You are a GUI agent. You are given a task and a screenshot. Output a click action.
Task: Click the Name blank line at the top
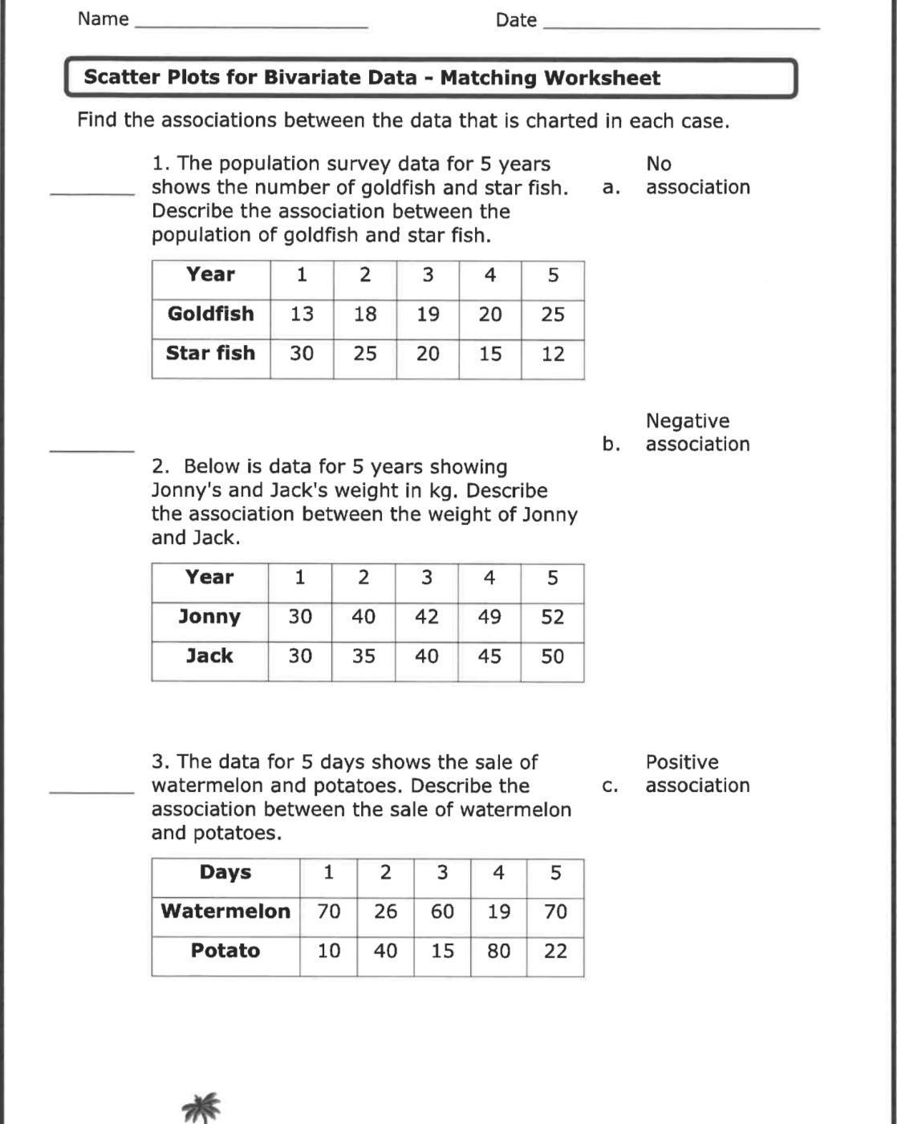pyautogui.click(x=251, y=26)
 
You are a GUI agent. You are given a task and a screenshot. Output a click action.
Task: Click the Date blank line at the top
pyautogui.click(x=681, y=26)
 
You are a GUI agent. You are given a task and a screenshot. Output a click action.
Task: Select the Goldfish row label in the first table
pyautogui.click(x=210, y=314)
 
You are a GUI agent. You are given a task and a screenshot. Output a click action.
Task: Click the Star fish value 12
pyautogui.click(x=553, y=354)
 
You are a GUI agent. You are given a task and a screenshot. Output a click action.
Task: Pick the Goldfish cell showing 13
pyautogui.click(x=302, y=314)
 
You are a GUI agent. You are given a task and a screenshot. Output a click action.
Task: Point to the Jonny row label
pyautogui.click(x=209, y=617)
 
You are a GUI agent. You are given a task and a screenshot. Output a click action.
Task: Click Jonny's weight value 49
pyautogui.click(x=489, y=617)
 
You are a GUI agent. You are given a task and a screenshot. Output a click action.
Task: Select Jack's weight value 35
pyautogui.click(x=363, y=656)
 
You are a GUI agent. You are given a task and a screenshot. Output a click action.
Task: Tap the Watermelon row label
pyautogui.click(x=225, y=911)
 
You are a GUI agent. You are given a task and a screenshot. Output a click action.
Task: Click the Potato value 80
pyautogui.click(x=498, y=951)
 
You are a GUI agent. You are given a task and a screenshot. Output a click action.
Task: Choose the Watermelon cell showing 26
pyautogui.click(x=385, y=912)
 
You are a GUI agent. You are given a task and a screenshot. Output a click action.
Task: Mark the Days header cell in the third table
pyautogui.click(x=225, y=873)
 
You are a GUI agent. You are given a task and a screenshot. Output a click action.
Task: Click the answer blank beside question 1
pyautogui.click(x=92, y=193)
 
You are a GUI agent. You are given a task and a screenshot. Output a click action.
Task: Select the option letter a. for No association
pyautogui.click(x=611, y=188)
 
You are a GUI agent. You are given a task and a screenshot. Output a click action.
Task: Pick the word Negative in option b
pyautogui.click(x=688, y=421)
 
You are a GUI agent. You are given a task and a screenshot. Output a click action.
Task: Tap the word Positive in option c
pyautogui.click(x=682, y=762)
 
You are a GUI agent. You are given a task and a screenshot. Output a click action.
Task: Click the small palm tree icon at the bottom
pyautogui.click(x=201, y=1107)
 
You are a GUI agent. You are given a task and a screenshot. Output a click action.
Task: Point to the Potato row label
pyautogui.click(x=225, y=951)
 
